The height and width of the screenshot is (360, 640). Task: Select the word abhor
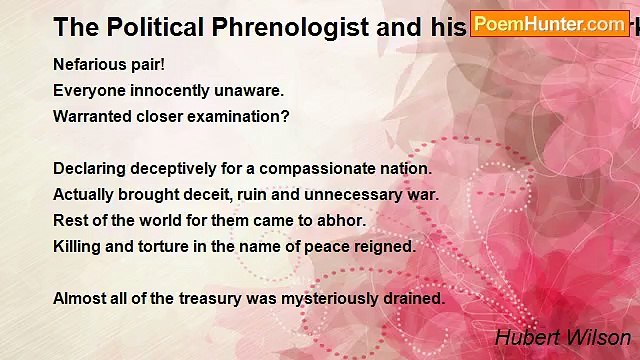click(x=344, y=220)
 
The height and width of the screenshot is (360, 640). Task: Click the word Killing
click(x=77, y=246)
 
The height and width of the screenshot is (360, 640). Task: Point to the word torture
click(x=170, y=246)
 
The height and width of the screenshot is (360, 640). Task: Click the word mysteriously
click(x=327, y=298)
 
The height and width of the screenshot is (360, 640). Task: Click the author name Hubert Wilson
click(x=563, y=338)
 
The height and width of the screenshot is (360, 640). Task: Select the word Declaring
click(x=89, y=168)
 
